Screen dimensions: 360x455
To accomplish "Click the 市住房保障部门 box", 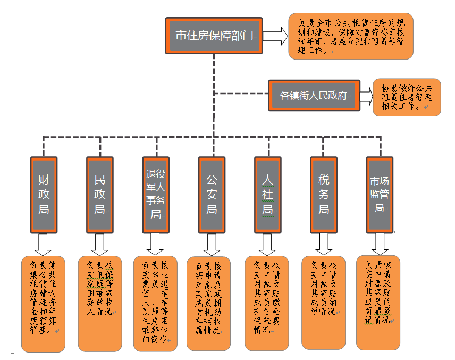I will tap(214, 36).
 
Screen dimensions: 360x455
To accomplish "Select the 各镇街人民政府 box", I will tap(314, 96).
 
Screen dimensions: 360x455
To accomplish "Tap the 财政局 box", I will tap(44, 194).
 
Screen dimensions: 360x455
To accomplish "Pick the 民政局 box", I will tap(99, 194).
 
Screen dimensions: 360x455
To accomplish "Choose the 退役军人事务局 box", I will tap(156, 194).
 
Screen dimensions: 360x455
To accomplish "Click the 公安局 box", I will tap(212, 194).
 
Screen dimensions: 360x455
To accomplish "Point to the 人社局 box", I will tap(267, 194).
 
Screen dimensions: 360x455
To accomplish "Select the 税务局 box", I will tap(324, 194).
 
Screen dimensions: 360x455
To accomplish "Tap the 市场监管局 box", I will tap(380, 194).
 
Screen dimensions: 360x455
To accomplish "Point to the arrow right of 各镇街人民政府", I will tap(366, 96).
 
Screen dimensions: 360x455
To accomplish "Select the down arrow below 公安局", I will tap(211, 245).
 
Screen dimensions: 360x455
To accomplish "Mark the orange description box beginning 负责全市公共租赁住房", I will tap(350, 36).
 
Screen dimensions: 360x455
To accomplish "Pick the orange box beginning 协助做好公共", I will tap(407, 97).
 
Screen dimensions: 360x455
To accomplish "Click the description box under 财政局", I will tap(43, 303).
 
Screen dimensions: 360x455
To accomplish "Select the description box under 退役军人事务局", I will tap(155, 303).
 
